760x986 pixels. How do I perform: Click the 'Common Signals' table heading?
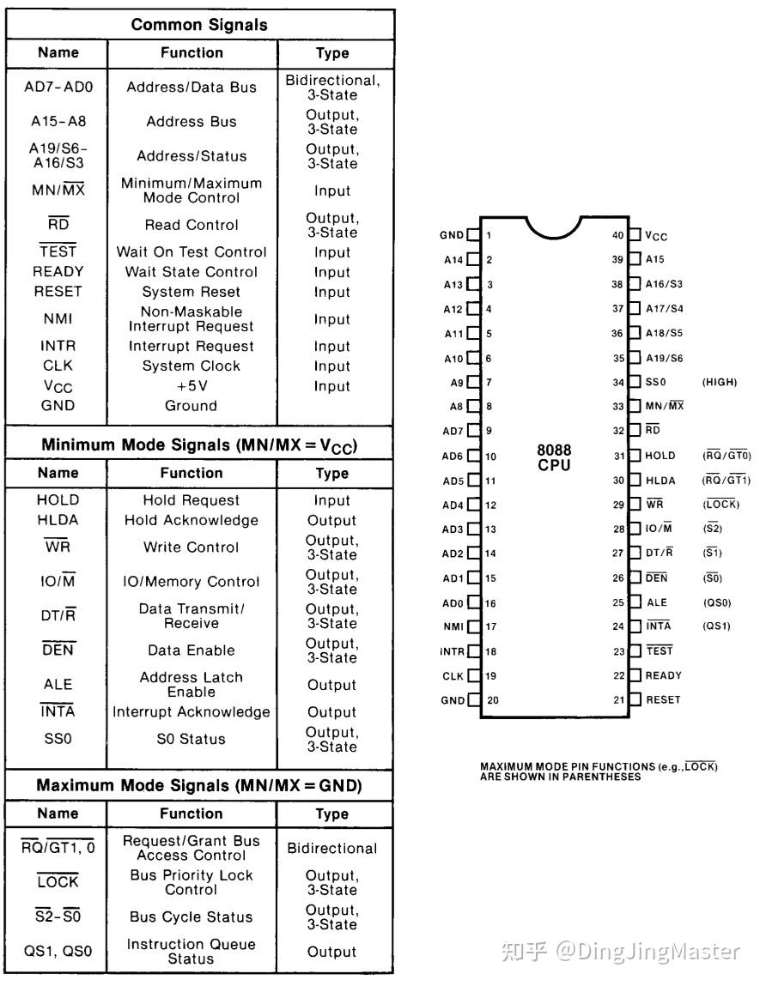pos(199,24)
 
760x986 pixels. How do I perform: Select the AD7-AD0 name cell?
pos(58,87)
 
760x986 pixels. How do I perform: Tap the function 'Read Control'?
pos(192,225)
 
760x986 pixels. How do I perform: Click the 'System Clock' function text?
pos(192,366)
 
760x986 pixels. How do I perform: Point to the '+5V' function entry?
pos(192,386)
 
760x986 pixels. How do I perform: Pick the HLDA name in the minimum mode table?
pos(58,520)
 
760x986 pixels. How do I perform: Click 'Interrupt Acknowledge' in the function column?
pos(192,712)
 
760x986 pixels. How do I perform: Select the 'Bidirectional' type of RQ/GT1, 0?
pos(332,848)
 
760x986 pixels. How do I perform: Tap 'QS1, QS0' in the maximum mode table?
pos(58,952)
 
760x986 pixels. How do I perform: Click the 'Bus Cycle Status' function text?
pos(192,916)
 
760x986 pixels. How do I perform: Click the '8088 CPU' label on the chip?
pos(554,457)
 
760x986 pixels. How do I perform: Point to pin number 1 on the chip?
pos(489,234)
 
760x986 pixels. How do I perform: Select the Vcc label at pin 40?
pos(656,235)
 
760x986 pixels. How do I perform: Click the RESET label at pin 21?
pos(662,699)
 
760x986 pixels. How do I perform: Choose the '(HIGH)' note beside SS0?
pos(719,382)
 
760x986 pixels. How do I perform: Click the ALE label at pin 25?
pos(656,602)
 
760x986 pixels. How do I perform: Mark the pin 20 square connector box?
pos(473,699)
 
